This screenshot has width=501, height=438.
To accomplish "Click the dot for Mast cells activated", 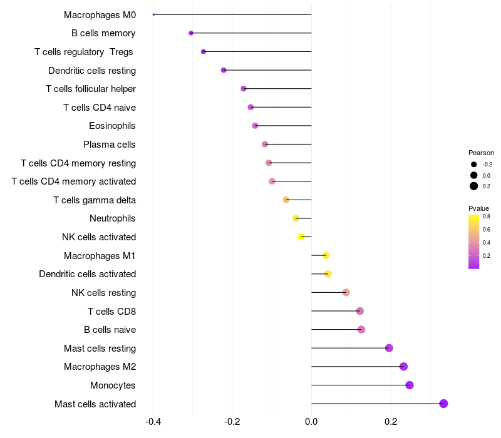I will [443, 404].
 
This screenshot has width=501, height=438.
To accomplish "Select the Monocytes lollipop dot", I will [410, 385].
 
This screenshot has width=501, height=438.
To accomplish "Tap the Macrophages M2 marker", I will [403, 367].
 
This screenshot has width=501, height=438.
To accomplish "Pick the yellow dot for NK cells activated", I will [301, 237].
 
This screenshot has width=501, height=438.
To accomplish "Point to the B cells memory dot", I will [191, 33].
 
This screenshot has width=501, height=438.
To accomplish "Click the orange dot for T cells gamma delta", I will [286, 200].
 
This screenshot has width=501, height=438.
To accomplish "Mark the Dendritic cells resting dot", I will [224, 70].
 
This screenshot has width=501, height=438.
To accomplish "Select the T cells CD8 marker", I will [359, 311].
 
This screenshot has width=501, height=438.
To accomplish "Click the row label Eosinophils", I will [112, 126].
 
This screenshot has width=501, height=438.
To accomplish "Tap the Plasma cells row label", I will [110, 145].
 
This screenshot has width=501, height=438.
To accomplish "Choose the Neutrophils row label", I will [113, 218].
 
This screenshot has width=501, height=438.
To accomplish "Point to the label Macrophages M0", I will [100, 14].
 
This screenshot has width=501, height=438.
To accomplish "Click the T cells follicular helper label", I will [91, 89].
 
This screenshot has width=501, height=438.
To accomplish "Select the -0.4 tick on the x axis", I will [153, 422].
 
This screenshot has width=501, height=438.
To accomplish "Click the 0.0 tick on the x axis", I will [311, 422].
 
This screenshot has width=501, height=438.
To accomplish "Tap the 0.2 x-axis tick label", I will [391, 422].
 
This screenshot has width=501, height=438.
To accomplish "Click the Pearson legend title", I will [481, 153].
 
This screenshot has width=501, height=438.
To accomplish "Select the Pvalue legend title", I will [478, 208].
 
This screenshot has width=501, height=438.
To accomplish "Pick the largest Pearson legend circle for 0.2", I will [474, 186].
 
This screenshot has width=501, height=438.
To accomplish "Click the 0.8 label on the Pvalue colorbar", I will [486, 216].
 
